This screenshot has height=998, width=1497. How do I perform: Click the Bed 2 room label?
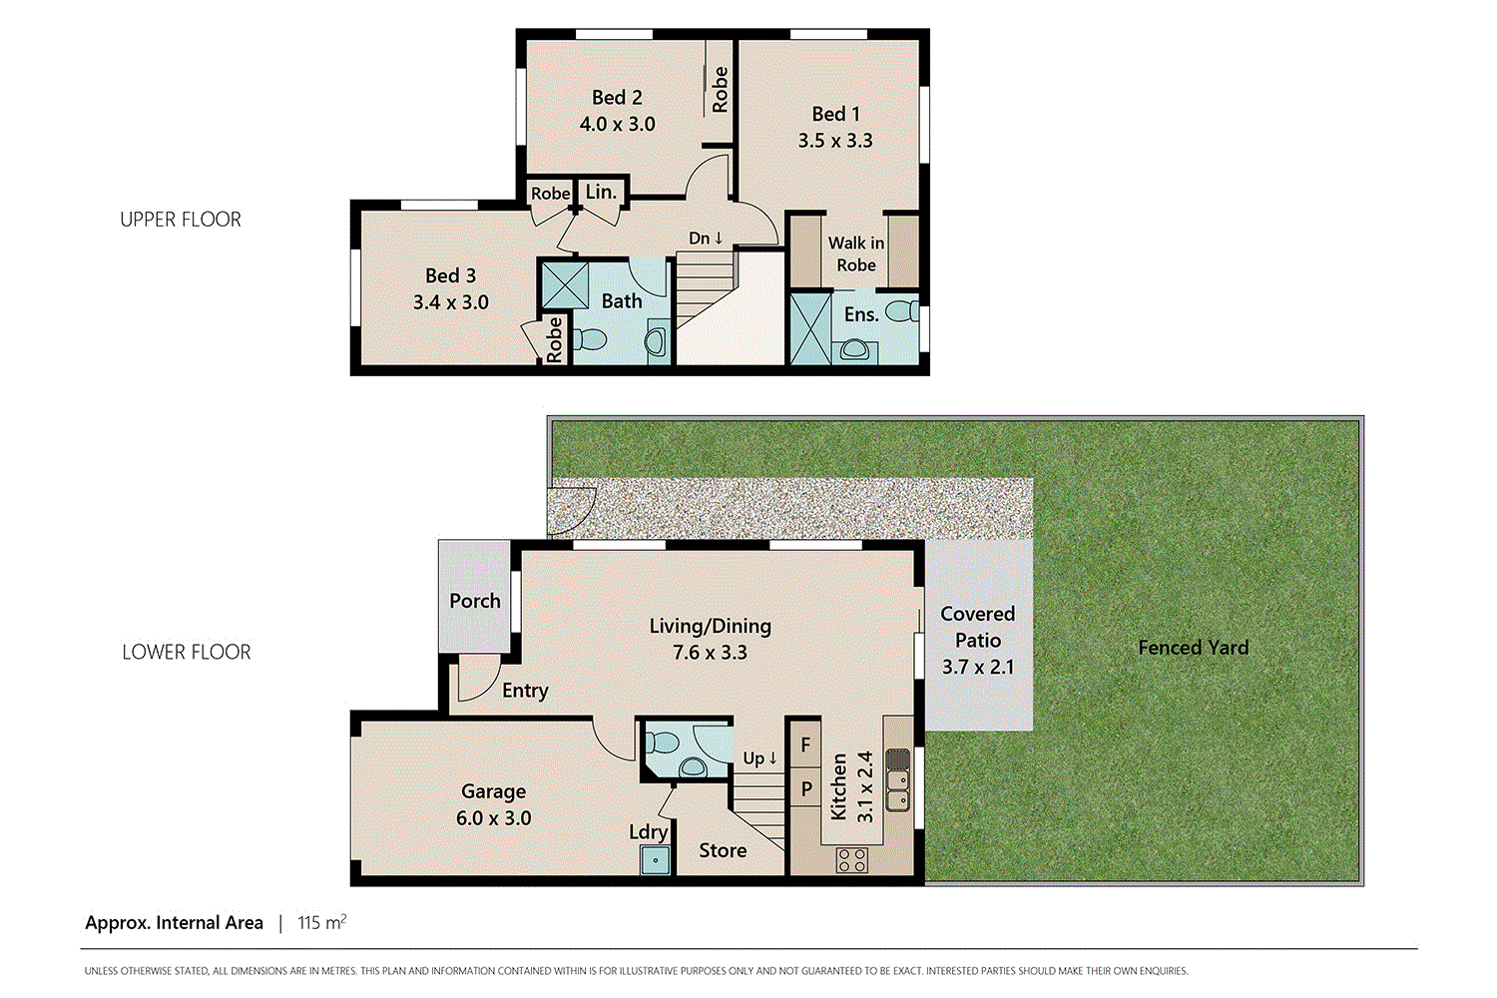click(x=617, y=98)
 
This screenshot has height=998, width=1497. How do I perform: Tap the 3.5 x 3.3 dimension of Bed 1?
click(x=835, y=141)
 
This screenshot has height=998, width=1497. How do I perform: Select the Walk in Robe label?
click(x=856, y=253)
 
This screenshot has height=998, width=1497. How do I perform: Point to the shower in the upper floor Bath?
click(x=564, y=284)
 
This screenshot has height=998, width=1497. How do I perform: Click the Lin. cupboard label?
click(x=601, y=192)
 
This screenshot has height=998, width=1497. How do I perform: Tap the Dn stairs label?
click(x=706, y=238)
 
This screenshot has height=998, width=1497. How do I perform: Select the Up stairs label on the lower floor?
click(x=759, y=758)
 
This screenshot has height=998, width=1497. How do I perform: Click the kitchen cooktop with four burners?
click(x=851, y=859)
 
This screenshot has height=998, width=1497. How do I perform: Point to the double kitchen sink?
click(x=898, y=779)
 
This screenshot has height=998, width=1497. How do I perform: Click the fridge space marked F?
click(x=805, y=745)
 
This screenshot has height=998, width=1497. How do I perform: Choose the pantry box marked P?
click(x=805, y=789)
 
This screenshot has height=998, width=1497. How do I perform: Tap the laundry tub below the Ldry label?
click(x=655, y=859)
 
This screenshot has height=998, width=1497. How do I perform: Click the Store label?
click(x=723, y=850)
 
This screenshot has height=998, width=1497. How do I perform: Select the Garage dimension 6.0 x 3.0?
click(x=493, y=818)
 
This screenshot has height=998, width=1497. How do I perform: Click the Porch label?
click(x=475, y=601)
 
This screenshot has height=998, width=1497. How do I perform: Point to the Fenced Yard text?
click(x=1193, y=648)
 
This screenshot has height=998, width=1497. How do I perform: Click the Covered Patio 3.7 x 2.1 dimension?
click(x=977, y=667)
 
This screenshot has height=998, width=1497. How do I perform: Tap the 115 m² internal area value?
click(x=321, y=923)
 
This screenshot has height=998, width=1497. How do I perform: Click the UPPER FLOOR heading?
click(x=181, y=220)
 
